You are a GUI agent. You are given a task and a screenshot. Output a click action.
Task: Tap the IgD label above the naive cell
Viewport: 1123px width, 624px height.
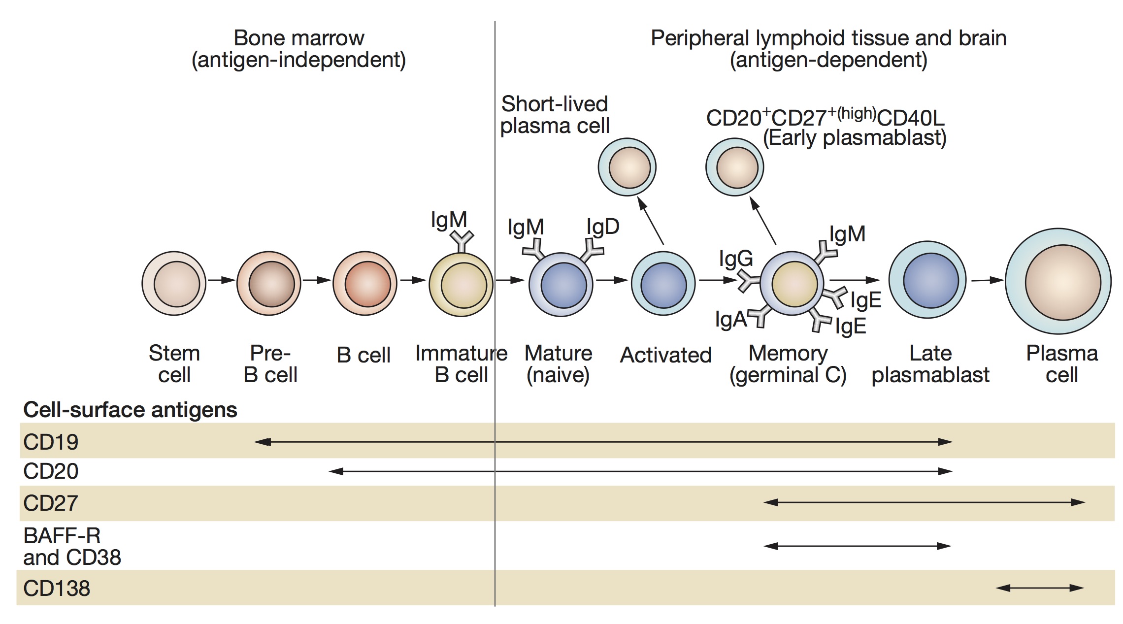pos(603,227)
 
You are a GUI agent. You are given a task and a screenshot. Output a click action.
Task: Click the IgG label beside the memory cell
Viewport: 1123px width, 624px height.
pos(736,259)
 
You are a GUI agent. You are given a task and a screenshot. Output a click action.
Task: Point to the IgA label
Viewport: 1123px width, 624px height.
pos(731,320)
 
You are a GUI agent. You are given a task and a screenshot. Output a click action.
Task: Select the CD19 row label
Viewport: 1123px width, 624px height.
pos(51,442)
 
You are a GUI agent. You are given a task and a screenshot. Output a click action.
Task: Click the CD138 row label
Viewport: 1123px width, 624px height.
pos(57,588)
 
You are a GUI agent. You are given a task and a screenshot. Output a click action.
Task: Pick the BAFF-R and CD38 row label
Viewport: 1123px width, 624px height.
pos(72,546)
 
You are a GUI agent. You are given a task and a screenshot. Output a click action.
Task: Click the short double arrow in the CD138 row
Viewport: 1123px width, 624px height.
pos(1040,588)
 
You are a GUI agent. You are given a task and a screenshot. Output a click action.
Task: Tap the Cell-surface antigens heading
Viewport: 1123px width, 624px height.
pos(130,410)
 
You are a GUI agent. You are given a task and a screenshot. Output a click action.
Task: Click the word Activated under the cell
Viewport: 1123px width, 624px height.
pos(666,355)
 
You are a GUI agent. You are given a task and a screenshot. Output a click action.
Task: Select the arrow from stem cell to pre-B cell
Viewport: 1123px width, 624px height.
pos(222,280)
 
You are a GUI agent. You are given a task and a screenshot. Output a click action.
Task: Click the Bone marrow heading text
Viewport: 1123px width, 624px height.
pos(299,38)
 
